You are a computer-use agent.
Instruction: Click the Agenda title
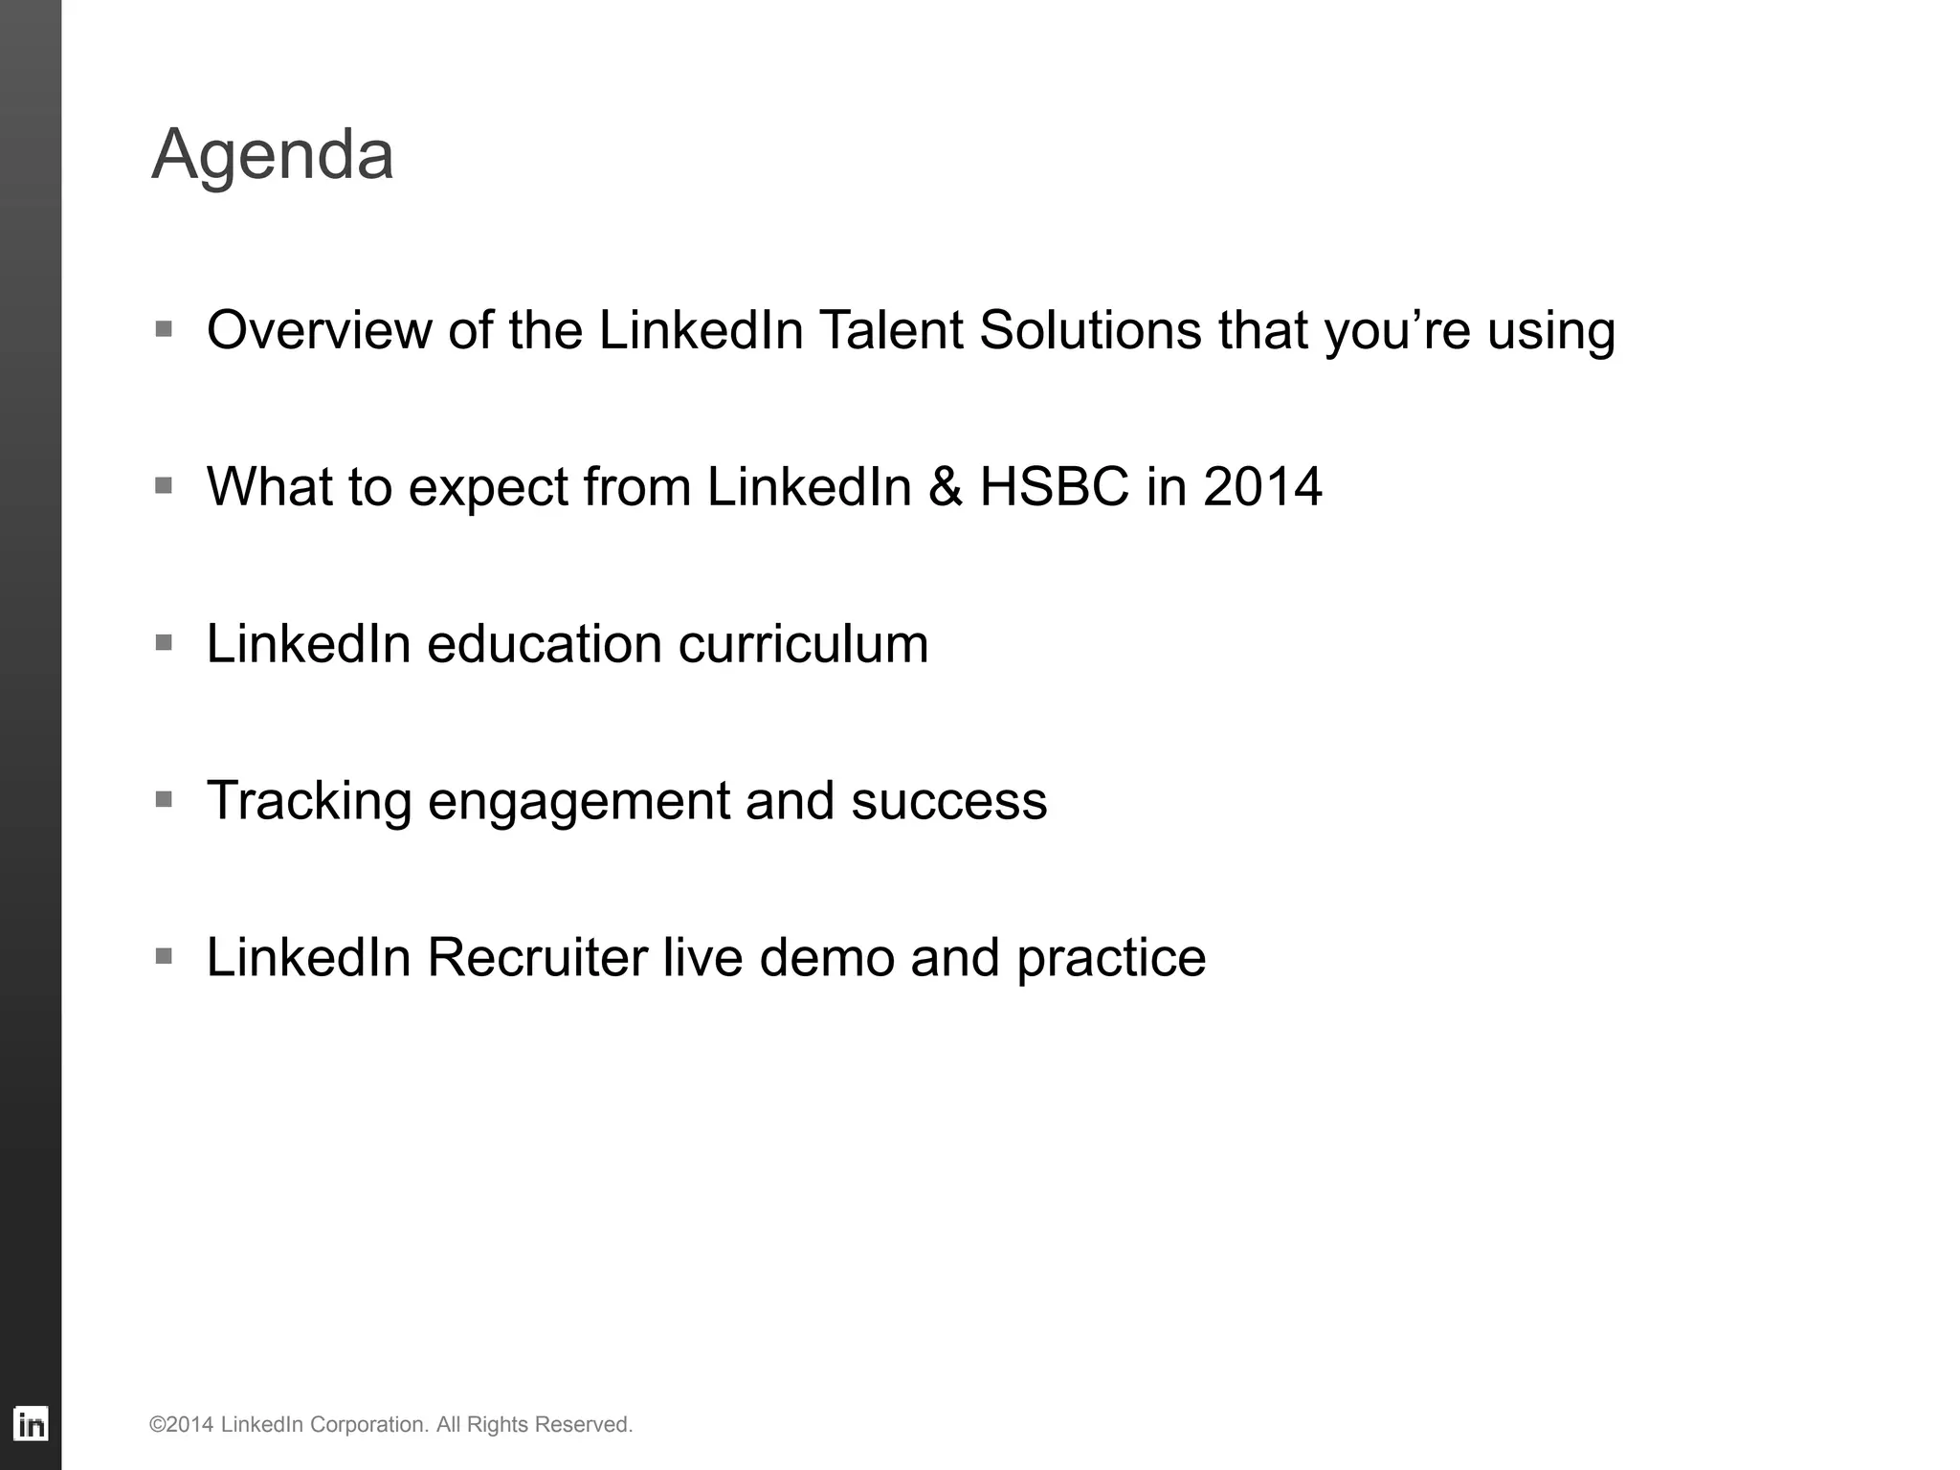click(x=273, y=155)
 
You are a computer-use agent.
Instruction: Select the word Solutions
click(x=1090, y=330)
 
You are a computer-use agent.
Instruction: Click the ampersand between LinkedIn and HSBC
click(x=946, y=487)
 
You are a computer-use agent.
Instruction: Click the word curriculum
click(x=804, y=644)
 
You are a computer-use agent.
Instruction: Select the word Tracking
click(x=309, y=801)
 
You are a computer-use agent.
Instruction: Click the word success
click(x=948, y=801)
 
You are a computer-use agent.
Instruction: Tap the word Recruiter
click(x=537, y=958)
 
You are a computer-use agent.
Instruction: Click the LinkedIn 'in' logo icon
click(x=31, y=1424)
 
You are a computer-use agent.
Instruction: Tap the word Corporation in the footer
click(x=368, y=1425)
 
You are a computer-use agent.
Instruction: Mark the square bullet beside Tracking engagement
click(x=164, y=799)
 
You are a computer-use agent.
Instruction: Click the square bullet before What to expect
click(x=164, y=485)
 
